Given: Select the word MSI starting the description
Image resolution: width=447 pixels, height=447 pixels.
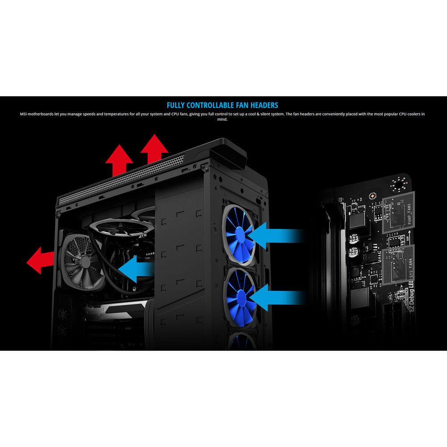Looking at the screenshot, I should click(x=24, y=114).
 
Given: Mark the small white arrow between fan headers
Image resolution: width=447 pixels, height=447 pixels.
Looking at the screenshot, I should click(x=409, y=237).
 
